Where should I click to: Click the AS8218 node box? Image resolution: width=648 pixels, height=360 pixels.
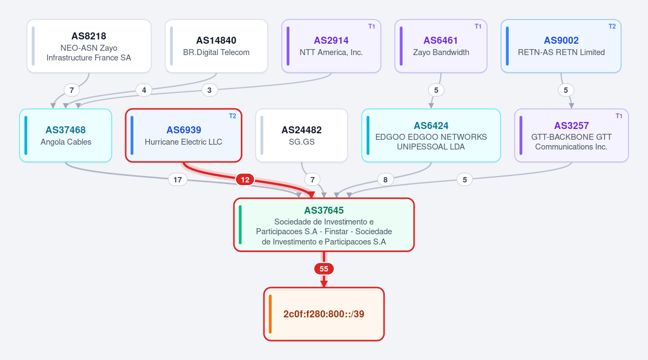tap(89, 46)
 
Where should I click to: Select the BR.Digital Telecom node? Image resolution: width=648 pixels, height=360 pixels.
tap(217, 46)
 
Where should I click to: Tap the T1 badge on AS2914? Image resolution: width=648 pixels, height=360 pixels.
tap(372, 26)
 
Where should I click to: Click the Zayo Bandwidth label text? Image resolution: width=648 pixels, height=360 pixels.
tap(441, 52)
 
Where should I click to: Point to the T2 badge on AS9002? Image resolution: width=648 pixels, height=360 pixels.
tap(612, 26)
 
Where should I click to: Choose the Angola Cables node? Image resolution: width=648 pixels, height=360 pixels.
tap(66, 135)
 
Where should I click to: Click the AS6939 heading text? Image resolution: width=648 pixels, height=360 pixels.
tap(184, 130)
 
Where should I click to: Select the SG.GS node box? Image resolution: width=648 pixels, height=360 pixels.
tap(301, 135)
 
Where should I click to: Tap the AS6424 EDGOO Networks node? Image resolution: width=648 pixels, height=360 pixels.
tap(431, 135)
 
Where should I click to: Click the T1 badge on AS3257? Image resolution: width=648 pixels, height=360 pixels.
tap(619, 116)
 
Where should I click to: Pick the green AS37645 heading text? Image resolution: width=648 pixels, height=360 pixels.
tap(323, 210)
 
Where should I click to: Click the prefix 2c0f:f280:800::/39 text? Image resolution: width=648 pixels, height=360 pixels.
tap(323, 314)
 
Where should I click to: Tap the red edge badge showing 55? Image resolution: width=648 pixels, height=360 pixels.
tap(323, 269)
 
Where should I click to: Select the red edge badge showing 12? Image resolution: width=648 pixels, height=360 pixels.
tap(245, 180)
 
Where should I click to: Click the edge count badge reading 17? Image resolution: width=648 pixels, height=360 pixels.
tap(178, 180)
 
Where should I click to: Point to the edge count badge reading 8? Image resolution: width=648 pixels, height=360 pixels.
tap(386, 180)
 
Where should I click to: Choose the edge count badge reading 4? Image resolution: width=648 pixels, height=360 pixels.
tap(144, 90)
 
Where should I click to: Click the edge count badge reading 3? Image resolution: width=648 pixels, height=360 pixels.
tap(210, 90)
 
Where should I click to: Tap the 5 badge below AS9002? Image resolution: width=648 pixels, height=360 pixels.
tap(566, 90)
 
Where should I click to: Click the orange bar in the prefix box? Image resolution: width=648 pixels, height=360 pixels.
tap(270, 314)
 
